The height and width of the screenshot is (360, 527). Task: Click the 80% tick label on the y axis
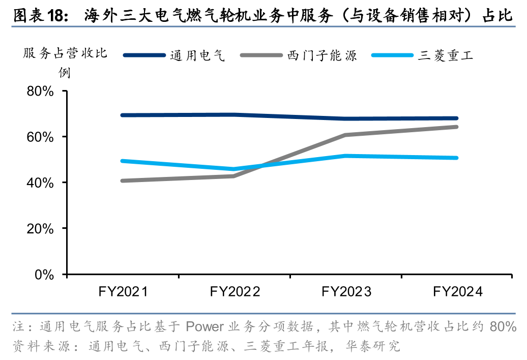(40, 92)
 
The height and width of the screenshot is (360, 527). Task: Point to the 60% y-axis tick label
(40, 137)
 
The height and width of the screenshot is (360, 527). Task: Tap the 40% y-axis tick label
(40, 183)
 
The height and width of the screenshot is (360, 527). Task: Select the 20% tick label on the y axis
(40, 228)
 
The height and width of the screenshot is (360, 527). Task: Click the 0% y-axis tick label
(45, 275)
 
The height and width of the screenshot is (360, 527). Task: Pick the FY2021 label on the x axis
(123, 292)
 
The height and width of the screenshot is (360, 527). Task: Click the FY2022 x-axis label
(235, 292)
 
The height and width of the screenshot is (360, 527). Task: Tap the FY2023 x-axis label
(346, 292)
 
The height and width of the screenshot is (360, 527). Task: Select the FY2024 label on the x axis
(457, 292)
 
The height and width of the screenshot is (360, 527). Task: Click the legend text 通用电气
(197, 55)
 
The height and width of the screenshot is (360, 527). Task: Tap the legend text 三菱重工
(446, 55)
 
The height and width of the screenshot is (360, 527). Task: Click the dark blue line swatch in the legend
(144, 55)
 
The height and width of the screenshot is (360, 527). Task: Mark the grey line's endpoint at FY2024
(457, 127)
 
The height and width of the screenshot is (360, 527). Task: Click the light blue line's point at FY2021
(123, 161)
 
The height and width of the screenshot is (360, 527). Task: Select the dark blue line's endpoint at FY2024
(457, 118)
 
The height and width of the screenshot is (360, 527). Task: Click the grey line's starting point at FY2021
(123, 181)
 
